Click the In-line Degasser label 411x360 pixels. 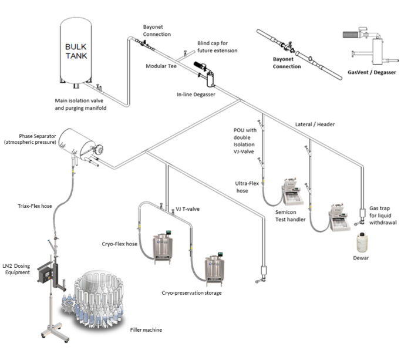[196, 94]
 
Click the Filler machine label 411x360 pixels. [145, 330]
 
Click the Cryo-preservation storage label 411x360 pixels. [192, 292]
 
